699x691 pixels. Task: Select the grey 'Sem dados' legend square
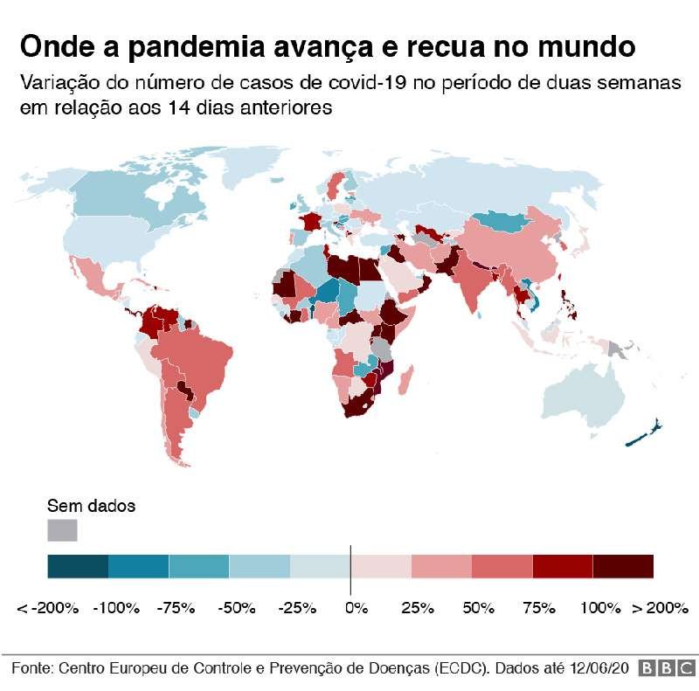click(x=62, y=530)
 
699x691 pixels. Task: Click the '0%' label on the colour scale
click(x=355, y=607)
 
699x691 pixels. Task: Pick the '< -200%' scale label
click(x=49, y=607)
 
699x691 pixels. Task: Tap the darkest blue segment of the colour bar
click(x=78, y=566)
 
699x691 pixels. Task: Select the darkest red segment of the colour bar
click(x=623, y=566)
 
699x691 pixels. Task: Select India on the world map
click(x=474, y=284)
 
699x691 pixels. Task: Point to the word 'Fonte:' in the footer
click(x=31, y=668)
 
